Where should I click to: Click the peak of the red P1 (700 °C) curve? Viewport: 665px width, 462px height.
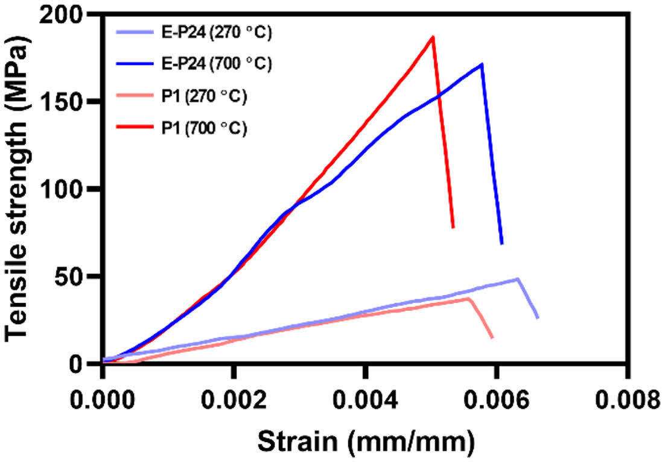click(433, 37)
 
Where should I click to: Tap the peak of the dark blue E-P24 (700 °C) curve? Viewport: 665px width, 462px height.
click(481, 64)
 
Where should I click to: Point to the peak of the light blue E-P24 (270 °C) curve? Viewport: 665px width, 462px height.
click(518, 279)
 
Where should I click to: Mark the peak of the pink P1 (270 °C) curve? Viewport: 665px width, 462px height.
click(468, 298)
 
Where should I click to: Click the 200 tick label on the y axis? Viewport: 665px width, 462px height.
click(63, 16)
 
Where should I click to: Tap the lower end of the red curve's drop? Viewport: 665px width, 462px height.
click(453, 227)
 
